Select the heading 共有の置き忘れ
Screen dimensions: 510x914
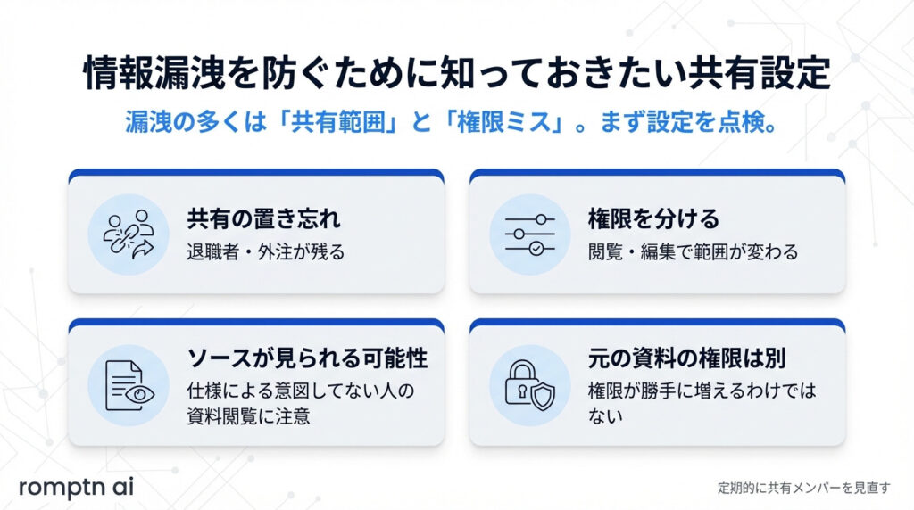click(x=263, y=218)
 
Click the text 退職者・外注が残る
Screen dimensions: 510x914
click(x=265, y=251)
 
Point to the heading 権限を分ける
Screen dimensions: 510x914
click(x=653, y=218)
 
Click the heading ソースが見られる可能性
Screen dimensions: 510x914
click(x=307, y=358)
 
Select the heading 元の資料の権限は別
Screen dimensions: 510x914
click(x=685, y=358)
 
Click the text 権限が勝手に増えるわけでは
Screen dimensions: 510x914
click(x=702, y=391)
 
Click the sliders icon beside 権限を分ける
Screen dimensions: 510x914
click(x=529, y=234)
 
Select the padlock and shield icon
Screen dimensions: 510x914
click(x=529, y=383)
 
